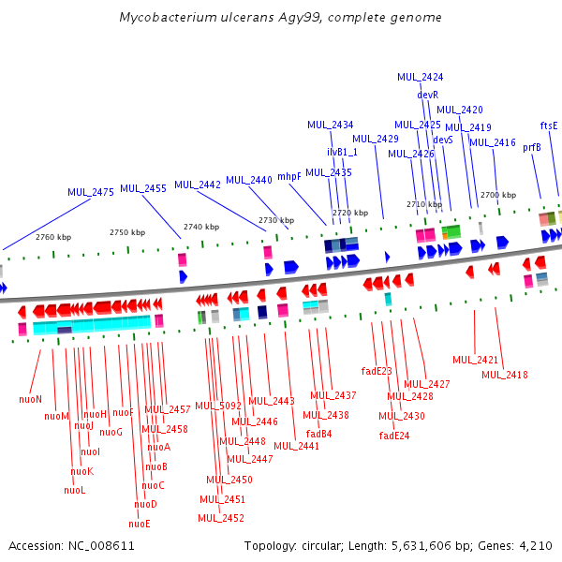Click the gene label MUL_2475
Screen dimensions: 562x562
point(91,192)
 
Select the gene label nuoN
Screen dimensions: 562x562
point(31,399)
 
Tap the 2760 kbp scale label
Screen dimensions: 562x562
point(53,237)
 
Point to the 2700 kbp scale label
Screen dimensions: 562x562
point(498,195)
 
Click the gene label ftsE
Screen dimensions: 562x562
point(549,126)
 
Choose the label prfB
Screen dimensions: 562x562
point(532,147)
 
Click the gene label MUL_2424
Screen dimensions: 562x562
point(421,77)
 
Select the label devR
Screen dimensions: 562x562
point(428,95)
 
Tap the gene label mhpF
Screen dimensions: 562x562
point(289,176)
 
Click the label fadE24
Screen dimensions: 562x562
point(394,436)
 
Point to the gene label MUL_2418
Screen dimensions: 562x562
point(505,375)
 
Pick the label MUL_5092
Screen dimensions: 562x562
point(218,406)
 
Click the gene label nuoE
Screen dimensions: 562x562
point(140,524)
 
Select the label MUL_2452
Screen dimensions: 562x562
point(221,518)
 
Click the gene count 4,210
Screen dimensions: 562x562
point(534,545)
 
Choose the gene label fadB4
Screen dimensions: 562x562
point(319,434)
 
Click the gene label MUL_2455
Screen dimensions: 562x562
point(143,188)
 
